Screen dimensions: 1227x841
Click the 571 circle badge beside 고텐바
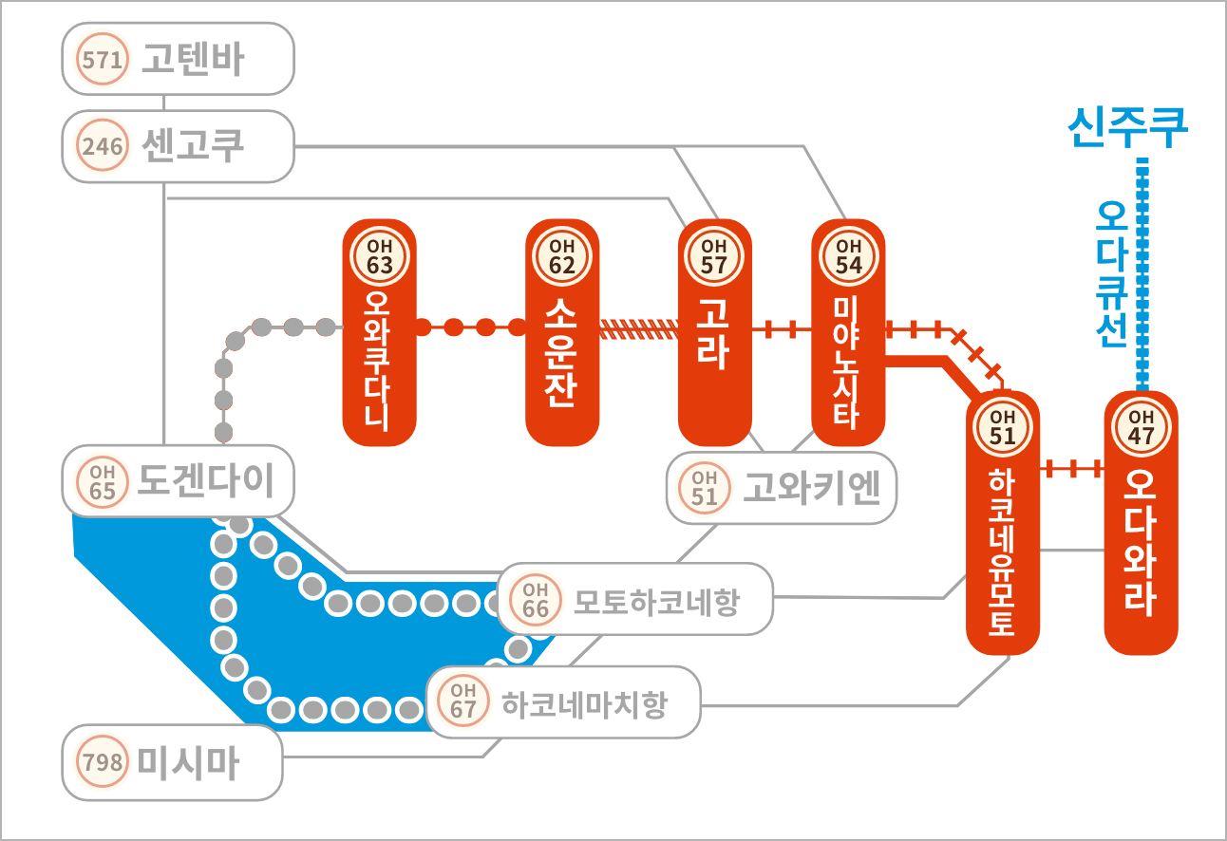[x=102, y=59]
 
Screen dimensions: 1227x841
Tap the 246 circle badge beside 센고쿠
[x=102, y=145]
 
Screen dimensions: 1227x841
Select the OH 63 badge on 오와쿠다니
[x=380, y=255]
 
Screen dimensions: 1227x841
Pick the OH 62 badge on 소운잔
[x=562, y=255]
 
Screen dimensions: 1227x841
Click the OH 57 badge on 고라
[x=714, y=255]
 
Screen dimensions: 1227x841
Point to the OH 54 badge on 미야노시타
[x=848, y=255]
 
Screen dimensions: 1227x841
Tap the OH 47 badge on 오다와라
[x=1141, y=427]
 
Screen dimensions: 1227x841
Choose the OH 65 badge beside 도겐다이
[x=102, y=482]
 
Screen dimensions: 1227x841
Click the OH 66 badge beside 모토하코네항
[x=536, y=600]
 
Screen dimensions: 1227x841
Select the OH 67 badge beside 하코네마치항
[x=462, y=701]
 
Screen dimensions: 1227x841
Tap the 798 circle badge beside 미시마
[x=102, y=761]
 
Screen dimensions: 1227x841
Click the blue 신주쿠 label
[x=1127, y=127]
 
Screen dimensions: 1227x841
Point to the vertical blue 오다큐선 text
[x=1111, y=273]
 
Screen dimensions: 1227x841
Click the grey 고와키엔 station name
[x=811, y=487]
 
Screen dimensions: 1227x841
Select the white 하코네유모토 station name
[x=1002, y=551]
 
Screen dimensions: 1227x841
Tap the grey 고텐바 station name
[x=193, y=59]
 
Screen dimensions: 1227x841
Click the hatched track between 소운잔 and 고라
[x=639, y=329]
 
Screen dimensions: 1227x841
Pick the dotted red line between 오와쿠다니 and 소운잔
[x=470, y=327]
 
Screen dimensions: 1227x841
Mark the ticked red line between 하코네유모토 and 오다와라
[x=1072, y=469]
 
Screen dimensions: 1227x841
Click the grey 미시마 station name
[x=188, y=763]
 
